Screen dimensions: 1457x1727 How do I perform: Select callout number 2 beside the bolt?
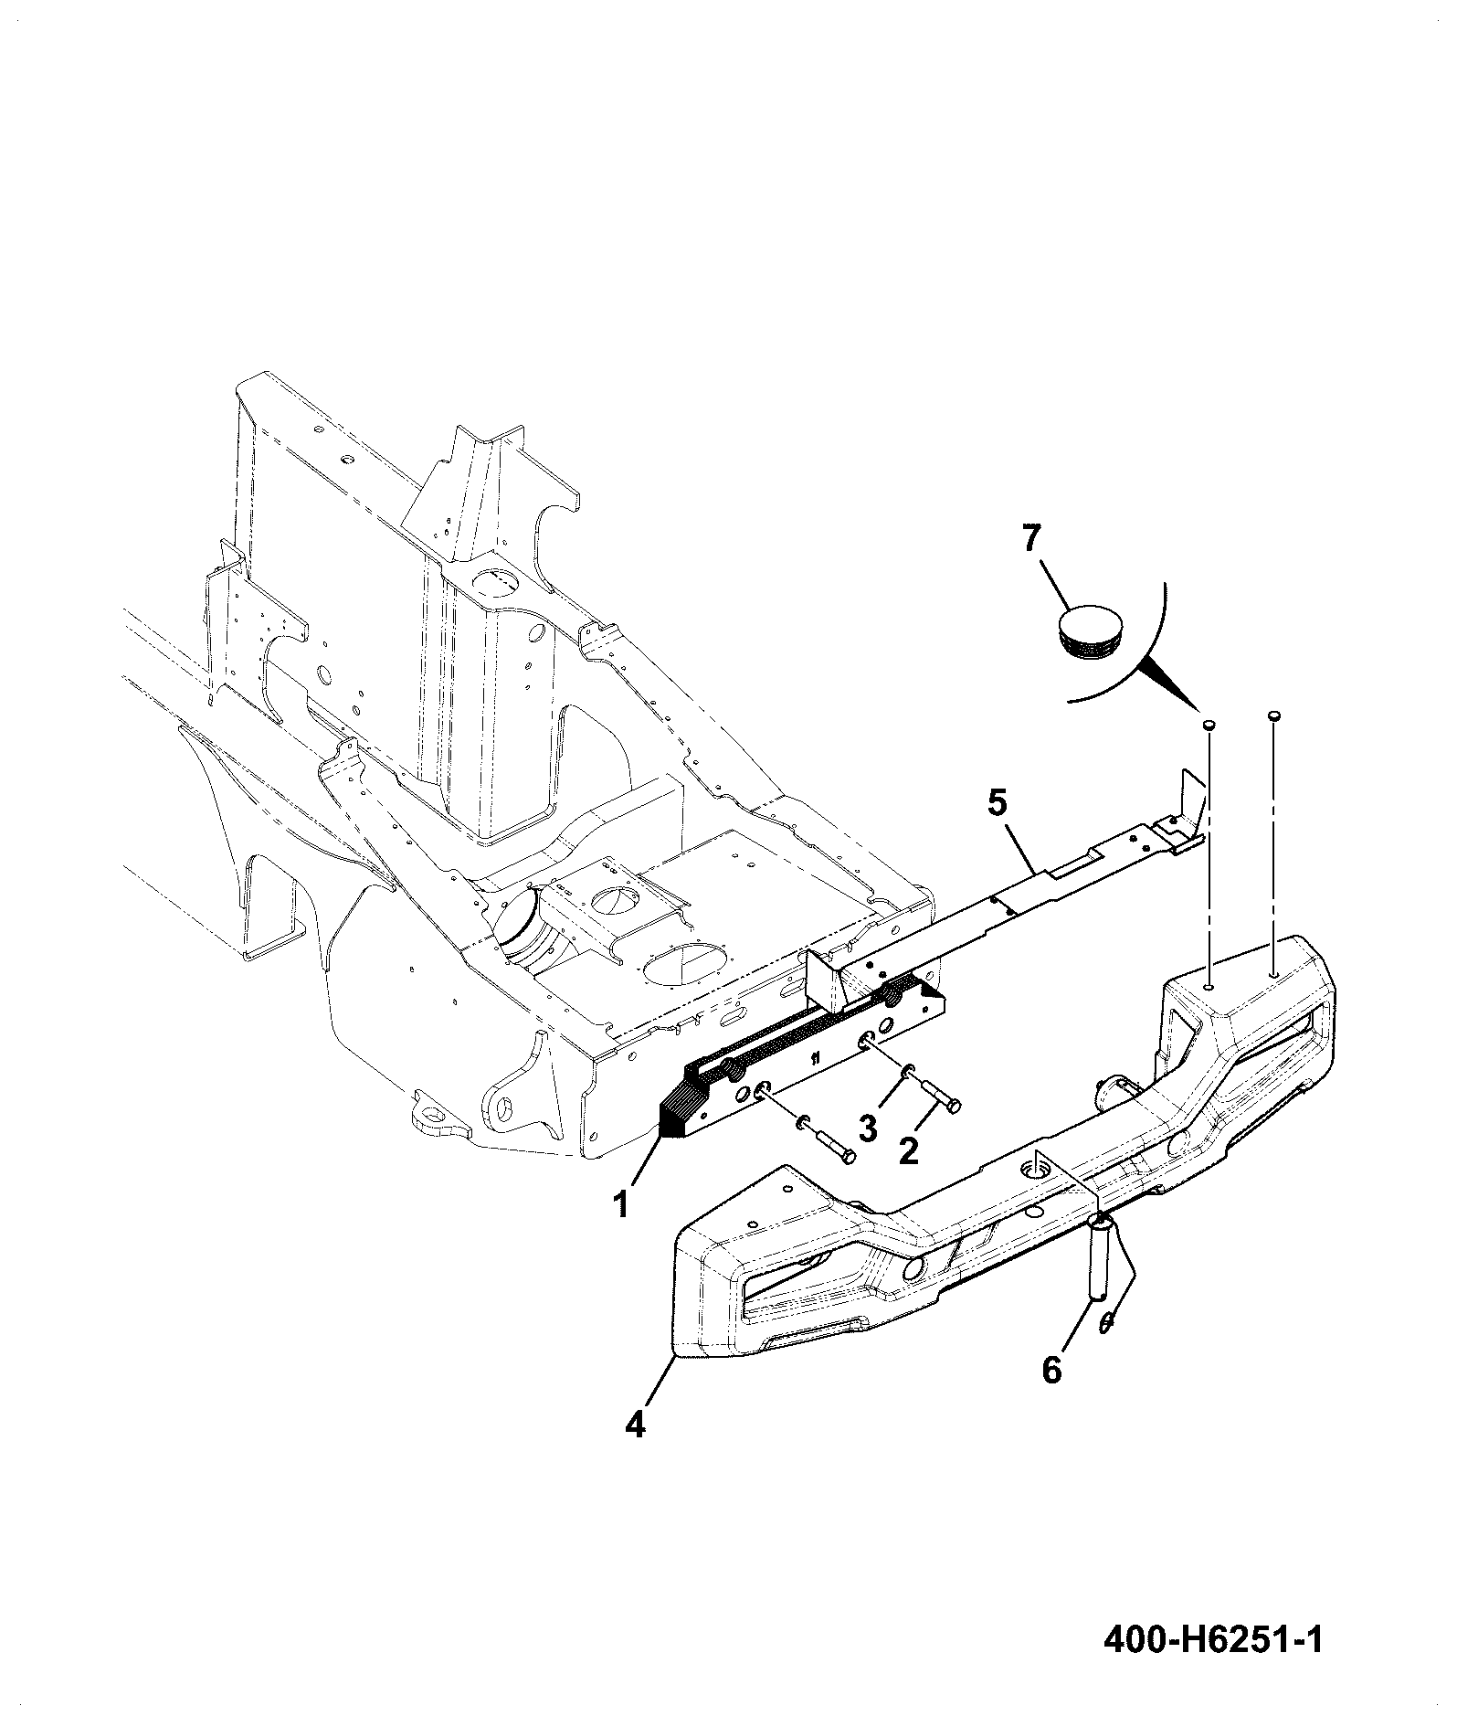[x=908, y=1150]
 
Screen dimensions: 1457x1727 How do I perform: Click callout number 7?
[x=1031, y=539]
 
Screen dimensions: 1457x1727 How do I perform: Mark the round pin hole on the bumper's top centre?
[x=1037, y=1165]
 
